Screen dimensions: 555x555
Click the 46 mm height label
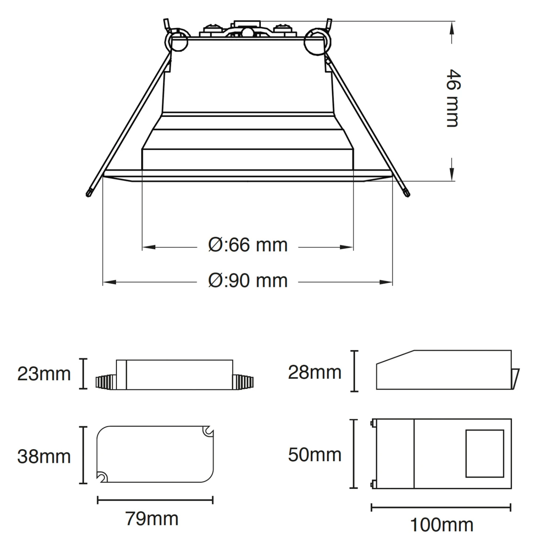[x=452, y=98]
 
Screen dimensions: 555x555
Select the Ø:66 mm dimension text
[x=248, y=245]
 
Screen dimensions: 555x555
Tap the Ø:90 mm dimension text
[x=248, y=281]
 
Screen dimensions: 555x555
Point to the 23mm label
[x=44, y=374]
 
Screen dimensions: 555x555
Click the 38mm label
[x=44, y=457]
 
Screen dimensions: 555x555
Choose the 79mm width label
[x=152, y=519]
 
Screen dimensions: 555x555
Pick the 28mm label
[x=314, y=372]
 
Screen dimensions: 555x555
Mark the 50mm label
[x=314, y=455]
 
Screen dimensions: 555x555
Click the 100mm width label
[x=441, y=525]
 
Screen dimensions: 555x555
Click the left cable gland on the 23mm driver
[x=106, y=382]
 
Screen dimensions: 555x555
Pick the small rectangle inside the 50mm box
[x=484, y=453]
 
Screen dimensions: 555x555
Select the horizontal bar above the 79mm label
[x=155, y=500]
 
